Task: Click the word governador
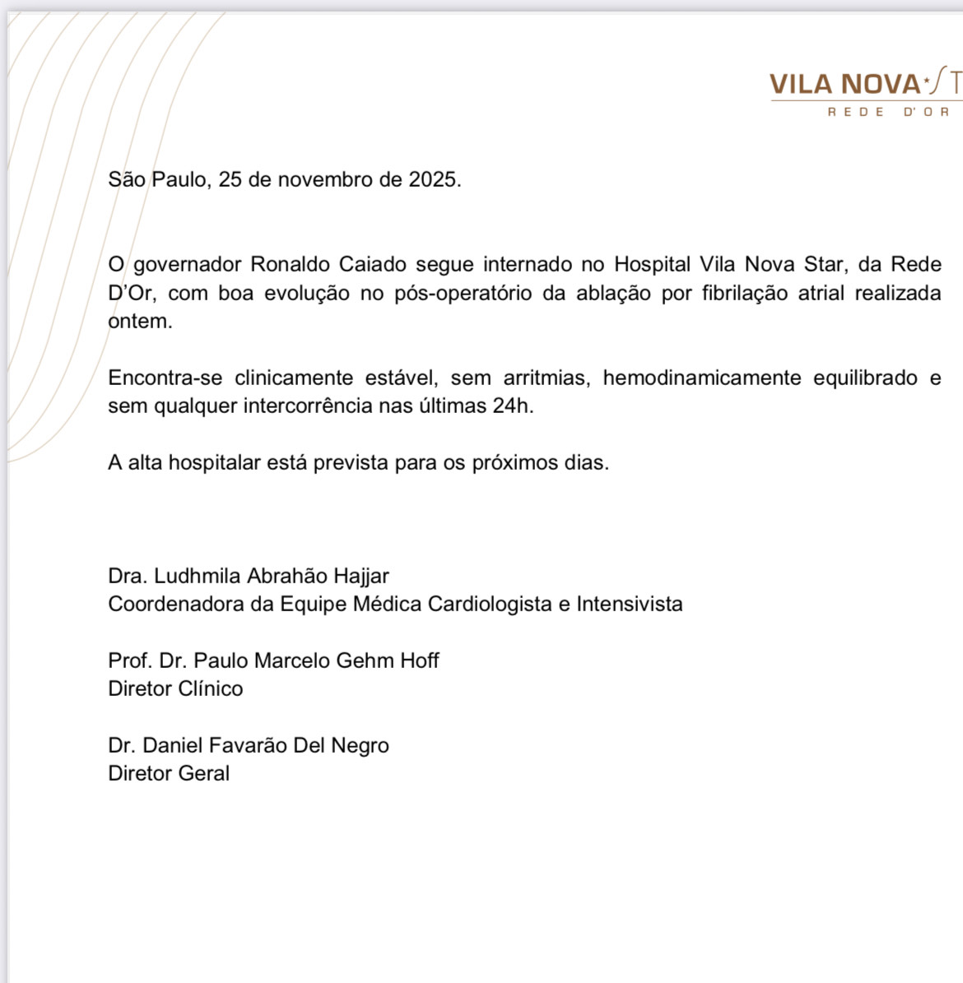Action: pyautogui.click(x=187, y=265)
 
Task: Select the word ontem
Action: pyautogui.click(x=140, y=322)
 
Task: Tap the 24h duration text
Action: pyautogui.click(x=513, y=406)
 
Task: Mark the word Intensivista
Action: pyautogui.click(x=630, y=605)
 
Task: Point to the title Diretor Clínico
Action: pyautogui.click(x=175, y=689)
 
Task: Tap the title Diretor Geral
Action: pyautogui.click(x=169, y=774)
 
